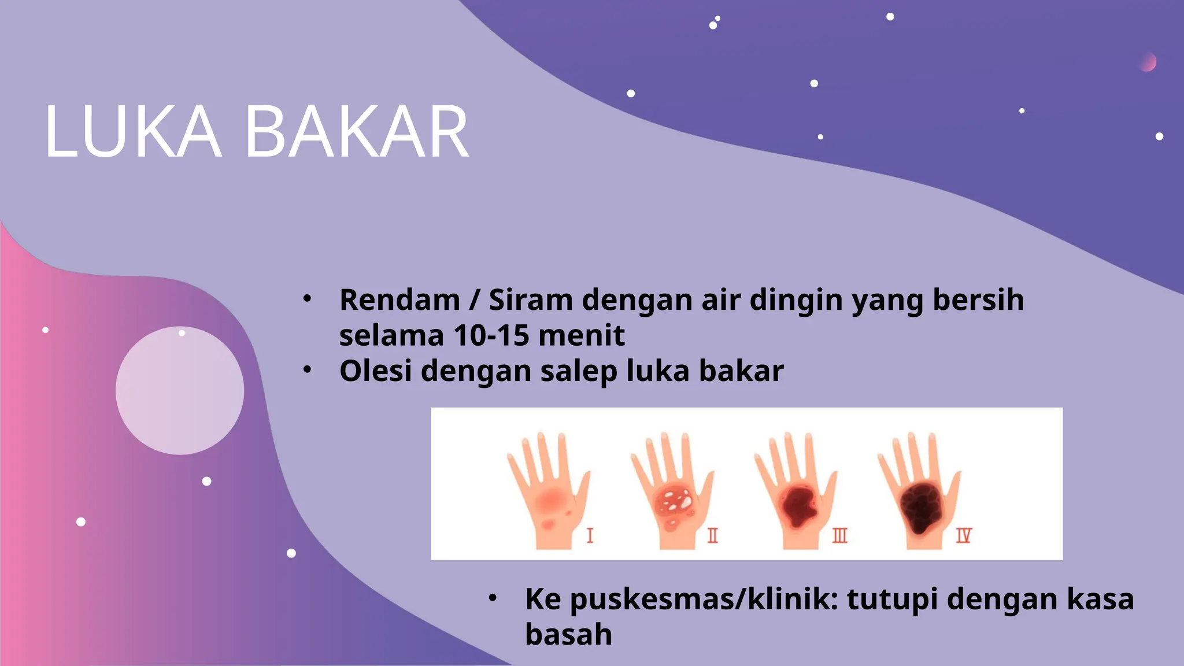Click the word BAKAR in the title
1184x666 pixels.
coord(357,132)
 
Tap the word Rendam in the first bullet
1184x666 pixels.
coord(399,300)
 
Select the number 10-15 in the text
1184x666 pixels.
coord(491,335)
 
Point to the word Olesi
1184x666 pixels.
coord(375,371)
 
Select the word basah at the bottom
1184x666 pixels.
coord(568,634)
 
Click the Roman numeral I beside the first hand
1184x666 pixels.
coord(590,535)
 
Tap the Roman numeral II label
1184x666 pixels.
coord(713,535)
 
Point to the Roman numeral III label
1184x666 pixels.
coord(839,535)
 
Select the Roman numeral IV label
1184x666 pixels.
coord(963,535)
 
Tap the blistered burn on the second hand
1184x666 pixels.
coord(675,502)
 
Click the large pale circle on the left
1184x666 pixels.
coord(180,390)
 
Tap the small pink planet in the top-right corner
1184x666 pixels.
coord(1148,62)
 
